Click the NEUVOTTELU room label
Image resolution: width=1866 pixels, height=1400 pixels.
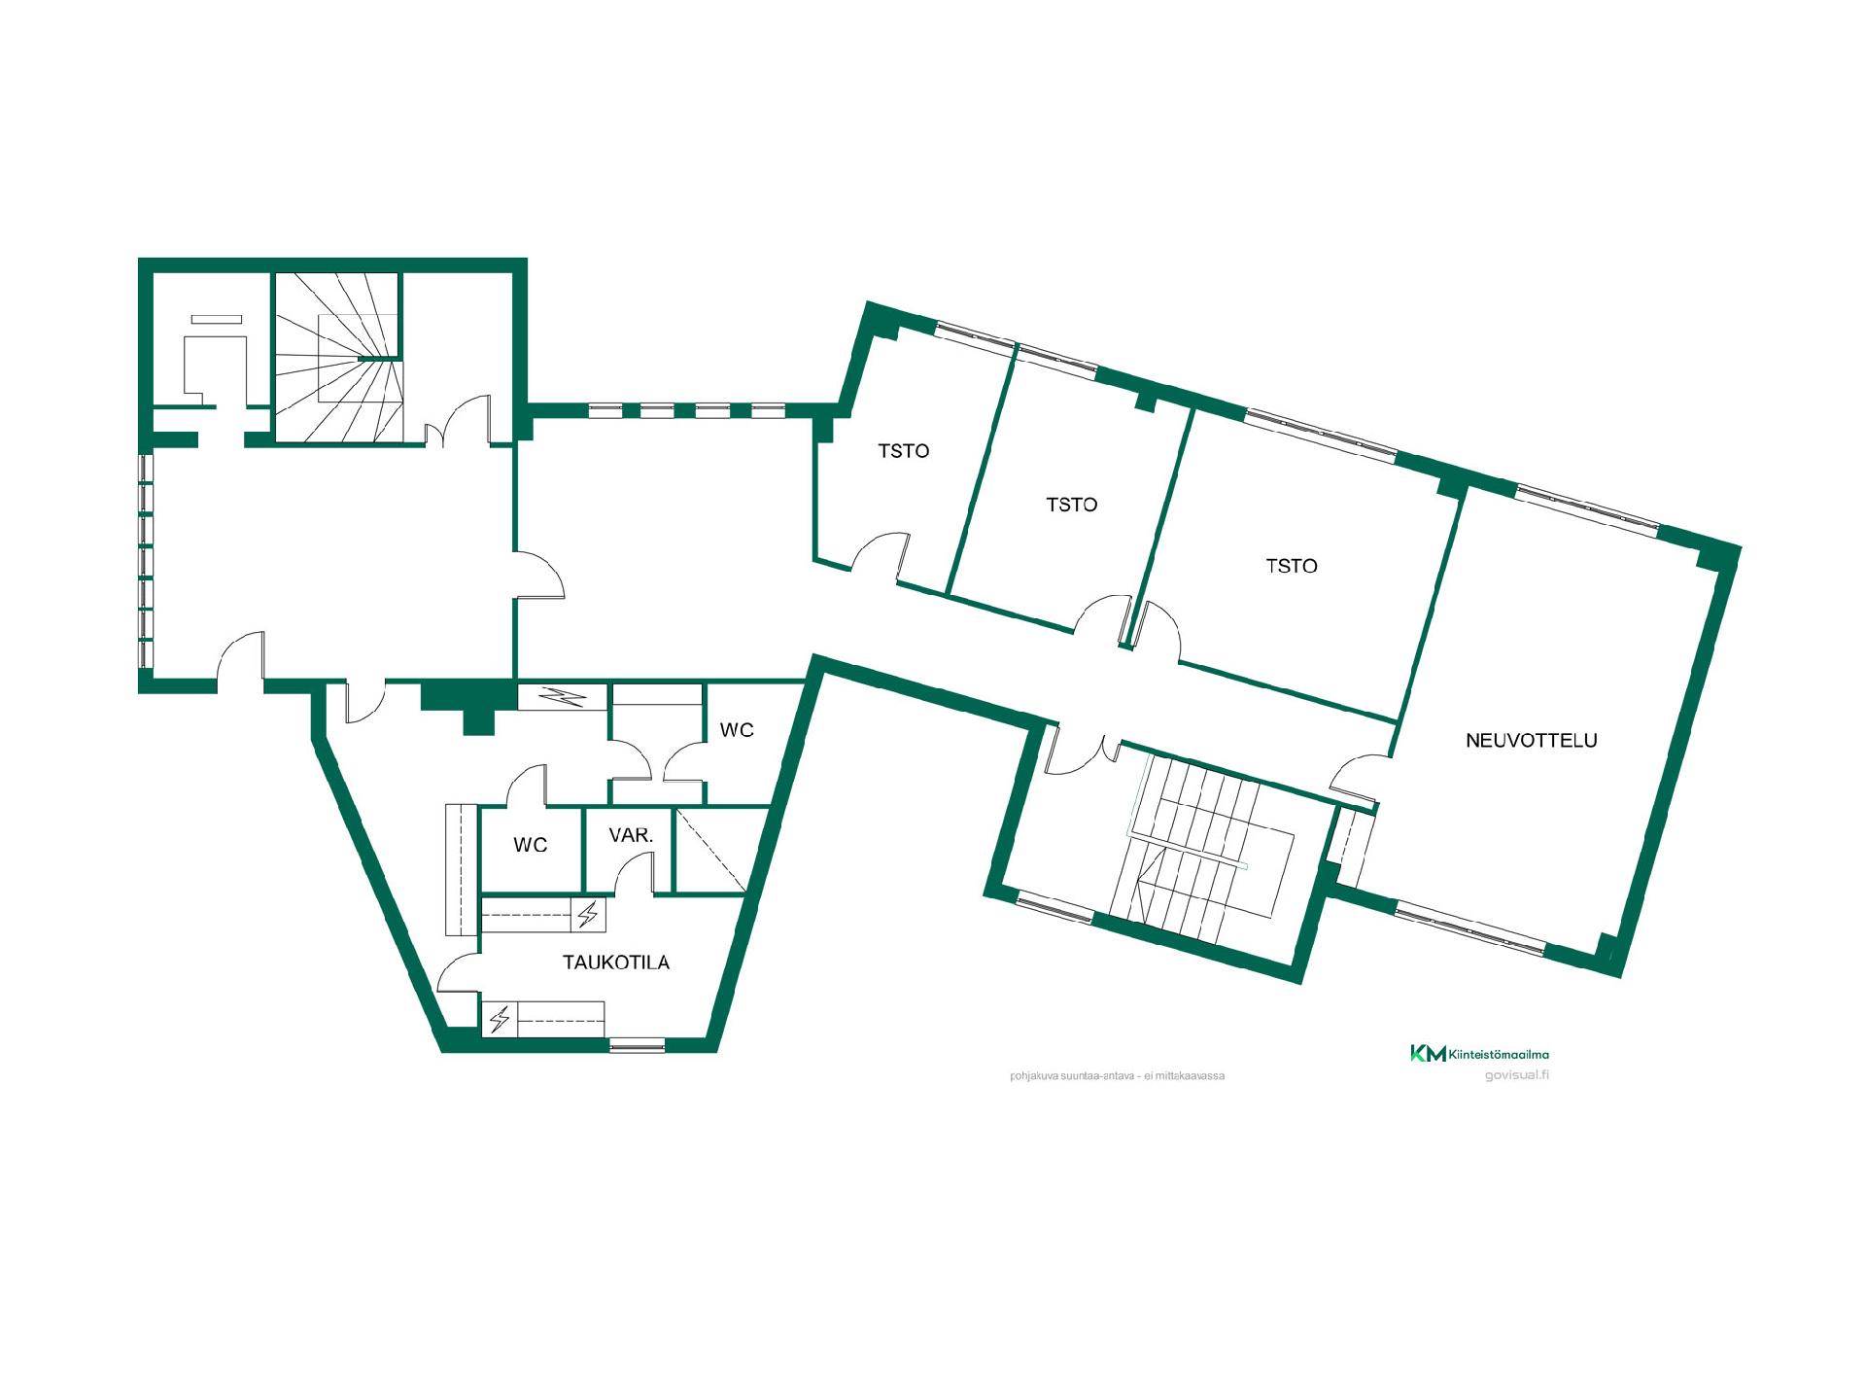click(1531, 740)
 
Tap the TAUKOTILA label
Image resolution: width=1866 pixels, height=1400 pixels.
click(616, 962)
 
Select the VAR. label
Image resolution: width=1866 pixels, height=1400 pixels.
click(631, 835)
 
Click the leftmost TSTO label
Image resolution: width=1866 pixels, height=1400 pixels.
click(904, 451)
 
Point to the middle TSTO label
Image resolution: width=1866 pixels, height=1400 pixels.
click(1072, 505)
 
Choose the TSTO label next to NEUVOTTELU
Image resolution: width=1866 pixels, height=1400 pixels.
click(1292, 566)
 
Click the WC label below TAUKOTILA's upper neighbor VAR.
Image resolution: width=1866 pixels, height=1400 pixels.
click(531, 845)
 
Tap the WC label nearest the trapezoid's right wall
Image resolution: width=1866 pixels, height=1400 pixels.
click(737, 730)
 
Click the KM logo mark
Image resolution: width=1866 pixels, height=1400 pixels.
click(1428, 1053)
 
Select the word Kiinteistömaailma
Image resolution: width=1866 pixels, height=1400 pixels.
click(1499, 1054)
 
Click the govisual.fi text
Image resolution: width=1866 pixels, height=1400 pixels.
click(1517, 1075)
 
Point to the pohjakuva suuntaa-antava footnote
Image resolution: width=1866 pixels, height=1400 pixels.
click(1118, 1076)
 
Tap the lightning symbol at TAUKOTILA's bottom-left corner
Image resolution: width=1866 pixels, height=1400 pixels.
click(500, 1020)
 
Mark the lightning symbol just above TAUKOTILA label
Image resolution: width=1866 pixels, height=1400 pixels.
click(587, 915)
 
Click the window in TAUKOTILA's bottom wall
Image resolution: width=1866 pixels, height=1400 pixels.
click(637, 1045)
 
